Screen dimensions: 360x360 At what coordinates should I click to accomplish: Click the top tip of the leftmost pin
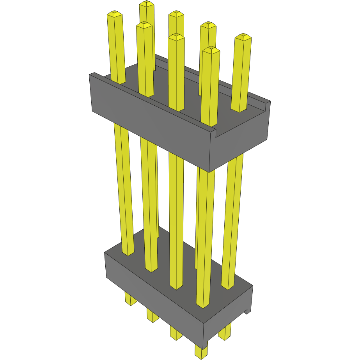tap(114, 14)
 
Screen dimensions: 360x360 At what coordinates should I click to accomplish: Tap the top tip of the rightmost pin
tap(243, 37)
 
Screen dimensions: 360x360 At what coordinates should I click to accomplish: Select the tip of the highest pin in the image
tap(147, 4)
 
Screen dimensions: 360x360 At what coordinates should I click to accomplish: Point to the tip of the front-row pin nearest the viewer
tap(211, 50)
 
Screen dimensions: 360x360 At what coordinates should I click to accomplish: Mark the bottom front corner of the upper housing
tap(210, 171)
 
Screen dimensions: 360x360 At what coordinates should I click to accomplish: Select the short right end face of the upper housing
tap(240, 146)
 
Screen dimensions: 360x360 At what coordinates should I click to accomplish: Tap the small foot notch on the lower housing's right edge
tap(247, 311)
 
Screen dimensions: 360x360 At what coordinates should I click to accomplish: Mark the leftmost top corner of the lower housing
tap(105, 253)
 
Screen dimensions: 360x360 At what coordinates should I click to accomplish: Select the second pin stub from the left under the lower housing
tap(152, 315)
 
